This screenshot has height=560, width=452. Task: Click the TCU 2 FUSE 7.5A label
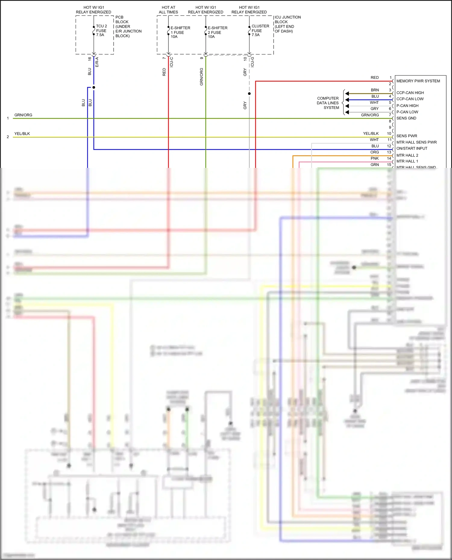click(101, 31)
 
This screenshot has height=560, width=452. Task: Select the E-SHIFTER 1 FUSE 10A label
click(180, 32)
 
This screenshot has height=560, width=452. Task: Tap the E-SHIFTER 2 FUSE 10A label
click(217, 32)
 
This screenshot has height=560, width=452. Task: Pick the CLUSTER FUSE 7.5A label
click(260, 30)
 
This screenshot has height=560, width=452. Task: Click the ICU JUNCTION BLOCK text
click(287, 24)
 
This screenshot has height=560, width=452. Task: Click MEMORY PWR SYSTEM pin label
click(418, 81)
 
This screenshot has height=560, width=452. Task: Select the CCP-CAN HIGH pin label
click(410, 93)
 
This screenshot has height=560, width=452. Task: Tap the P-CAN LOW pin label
click(407, 112)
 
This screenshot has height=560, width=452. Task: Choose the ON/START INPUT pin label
click(412, 148)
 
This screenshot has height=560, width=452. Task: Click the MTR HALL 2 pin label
click(407, 155)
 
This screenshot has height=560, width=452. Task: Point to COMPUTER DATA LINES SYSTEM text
click(328, 103)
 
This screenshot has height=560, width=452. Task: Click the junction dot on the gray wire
click(249, 94)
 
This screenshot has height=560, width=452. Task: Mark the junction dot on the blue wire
click(94, 87)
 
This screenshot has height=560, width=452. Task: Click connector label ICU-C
click(171, 62)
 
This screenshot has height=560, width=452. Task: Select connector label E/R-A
click(97, 62)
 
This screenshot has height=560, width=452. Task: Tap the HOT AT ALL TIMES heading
click(168, 10)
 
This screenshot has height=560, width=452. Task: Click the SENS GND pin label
click(406, 118)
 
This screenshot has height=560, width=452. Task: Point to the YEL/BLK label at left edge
click(22, 134)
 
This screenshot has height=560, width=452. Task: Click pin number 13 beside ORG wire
click(389, 152)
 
